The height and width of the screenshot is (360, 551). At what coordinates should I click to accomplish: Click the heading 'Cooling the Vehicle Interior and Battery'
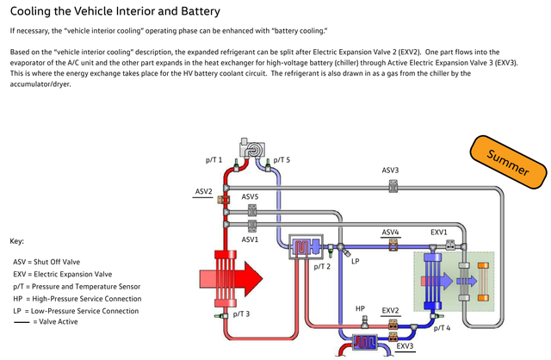[x=115, y=11]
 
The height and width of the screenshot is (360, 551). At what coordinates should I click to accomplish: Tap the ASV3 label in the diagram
[x=390, y=170]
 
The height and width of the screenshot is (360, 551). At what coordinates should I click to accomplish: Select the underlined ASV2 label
[x=203, y=190]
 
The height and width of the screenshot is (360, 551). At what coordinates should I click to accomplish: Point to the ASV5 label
[x=250, y=197]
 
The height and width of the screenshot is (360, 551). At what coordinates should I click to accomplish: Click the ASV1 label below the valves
[x=250, y=239]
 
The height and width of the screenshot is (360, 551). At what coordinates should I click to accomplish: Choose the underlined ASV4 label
[x=391, y=233]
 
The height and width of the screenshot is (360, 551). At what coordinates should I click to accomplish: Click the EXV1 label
[x=439, y=233]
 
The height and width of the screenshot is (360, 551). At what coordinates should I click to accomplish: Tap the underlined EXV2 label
[x=391, y=309]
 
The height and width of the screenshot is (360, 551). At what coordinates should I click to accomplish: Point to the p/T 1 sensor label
[x=214, y=160]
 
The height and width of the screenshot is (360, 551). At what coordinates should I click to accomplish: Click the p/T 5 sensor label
[x=282, y=160]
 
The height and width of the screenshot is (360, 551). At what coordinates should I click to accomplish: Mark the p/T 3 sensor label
[x=241, y=313]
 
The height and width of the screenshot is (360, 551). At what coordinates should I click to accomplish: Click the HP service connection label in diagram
[x=361, y=308]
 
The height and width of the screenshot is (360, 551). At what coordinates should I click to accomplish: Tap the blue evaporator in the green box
[x=432, y=280]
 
